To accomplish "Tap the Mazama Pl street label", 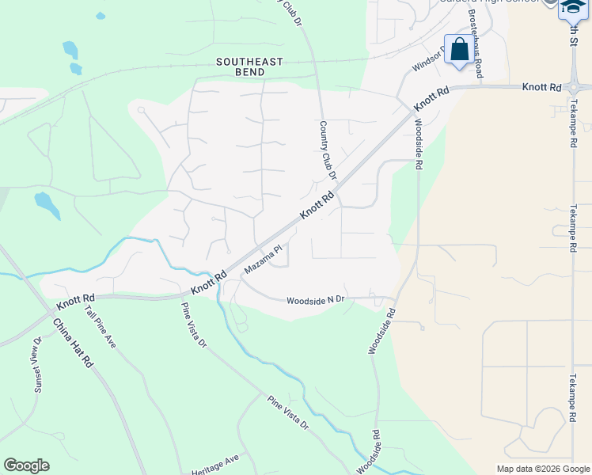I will point(263,259).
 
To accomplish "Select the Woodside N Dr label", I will point(315,300).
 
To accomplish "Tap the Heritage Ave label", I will point(214,464).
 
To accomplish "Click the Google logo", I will point(26,465).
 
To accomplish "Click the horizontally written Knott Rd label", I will point(541,86).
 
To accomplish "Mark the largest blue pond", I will point(47,205).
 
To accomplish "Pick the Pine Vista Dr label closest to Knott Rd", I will point(193,325).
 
